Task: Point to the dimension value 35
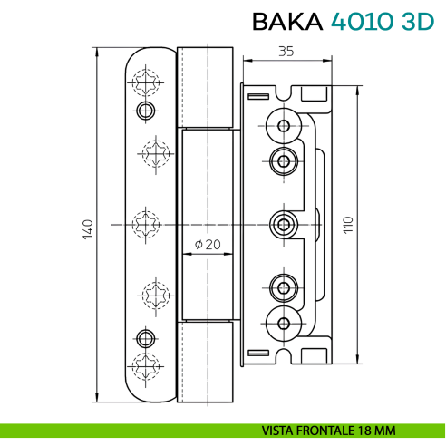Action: pyautogui.click(x=285, y=52)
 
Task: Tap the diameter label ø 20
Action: pyautogui.click(x=208, y=244)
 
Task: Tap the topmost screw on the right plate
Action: pyautogui.click(x=284, y=125)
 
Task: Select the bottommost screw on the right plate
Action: pyautogui.click(x=284, y=322)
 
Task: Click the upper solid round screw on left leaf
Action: pyautogui.click(x=143, y=111)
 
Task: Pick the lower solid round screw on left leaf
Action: pyautogui.click(x=143, y=337)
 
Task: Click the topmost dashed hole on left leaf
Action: pyautogui.click(x=145, y=83)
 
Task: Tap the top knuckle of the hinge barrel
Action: pyautogui.click(x=206, y=87)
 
